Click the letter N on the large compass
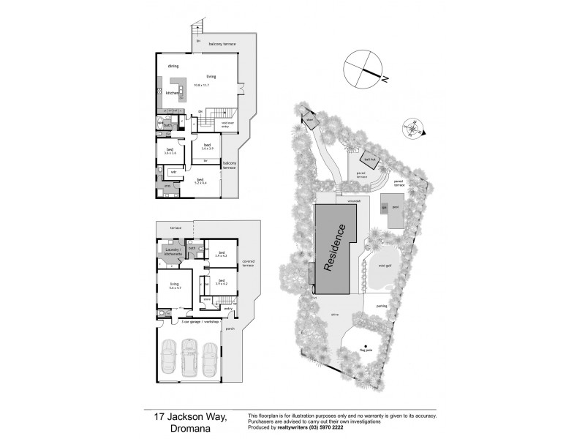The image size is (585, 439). click(x=384, y=77)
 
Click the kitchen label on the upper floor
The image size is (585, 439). click(x=173, y=93)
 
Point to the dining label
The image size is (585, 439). click(x=173, y=67)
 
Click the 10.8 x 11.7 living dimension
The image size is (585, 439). click(x=202, y=86)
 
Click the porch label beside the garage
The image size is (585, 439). click(x=230, y=329)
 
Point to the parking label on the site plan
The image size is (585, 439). click(x=381, y=305)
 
